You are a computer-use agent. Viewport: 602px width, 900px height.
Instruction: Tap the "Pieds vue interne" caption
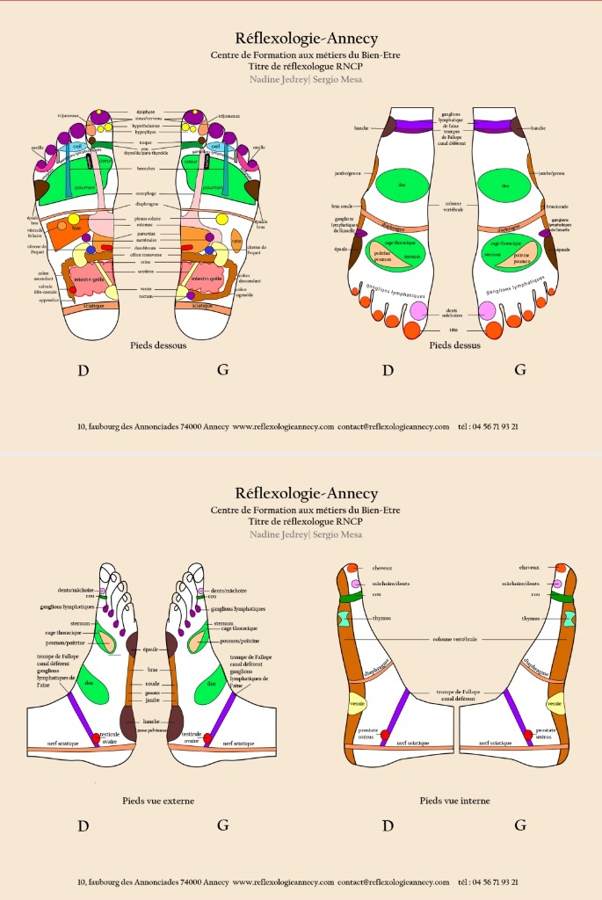[x=454, y=801]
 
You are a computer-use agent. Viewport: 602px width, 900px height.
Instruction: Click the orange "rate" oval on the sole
[x=236, y=241]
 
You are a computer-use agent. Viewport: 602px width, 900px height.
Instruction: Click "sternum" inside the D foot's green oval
[x=407, y=256]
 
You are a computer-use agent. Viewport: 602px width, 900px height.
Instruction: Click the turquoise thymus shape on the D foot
[x=344, y=619]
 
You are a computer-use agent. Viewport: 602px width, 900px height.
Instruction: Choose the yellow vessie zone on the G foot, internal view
[x=554, y=704]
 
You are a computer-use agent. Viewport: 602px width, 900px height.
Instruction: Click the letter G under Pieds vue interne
[x=520, y=825]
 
